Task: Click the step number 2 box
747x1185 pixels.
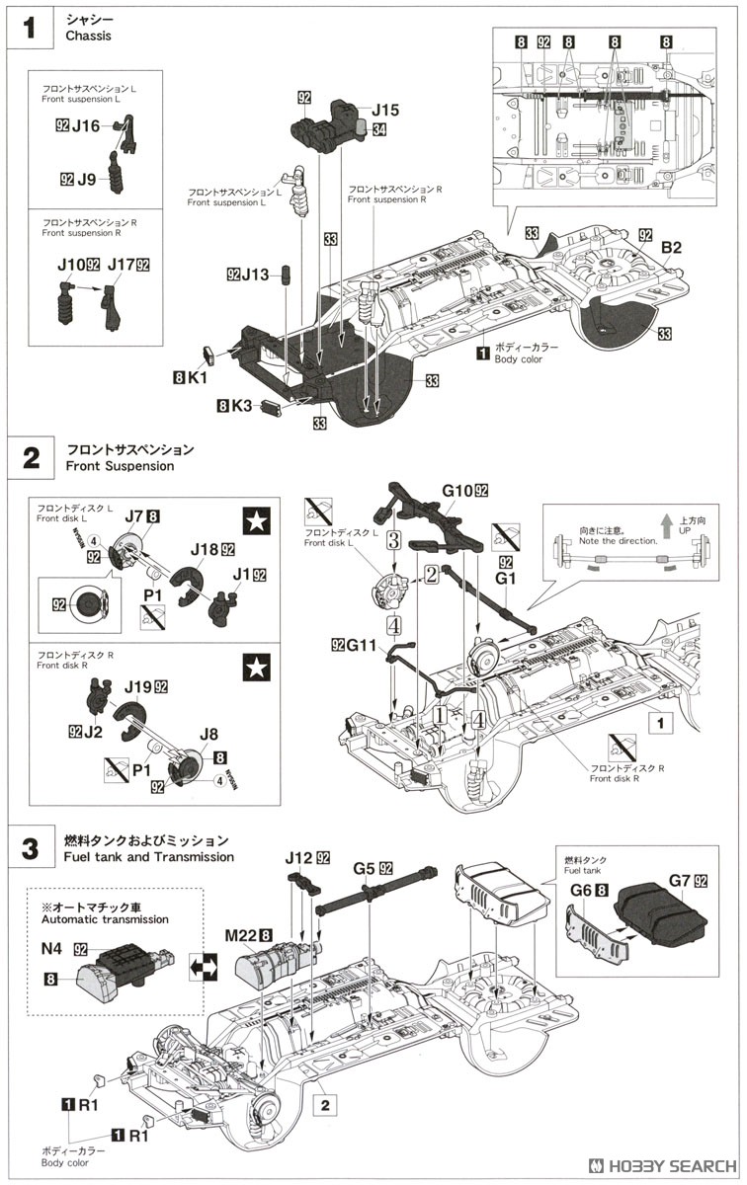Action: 31,457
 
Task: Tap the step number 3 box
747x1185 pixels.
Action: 31,848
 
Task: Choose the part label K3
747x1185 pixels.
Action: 242,405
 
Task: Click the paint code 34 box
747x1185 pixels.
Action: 379,128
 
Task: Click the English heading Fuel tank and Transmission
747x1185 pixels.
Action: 150,857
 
